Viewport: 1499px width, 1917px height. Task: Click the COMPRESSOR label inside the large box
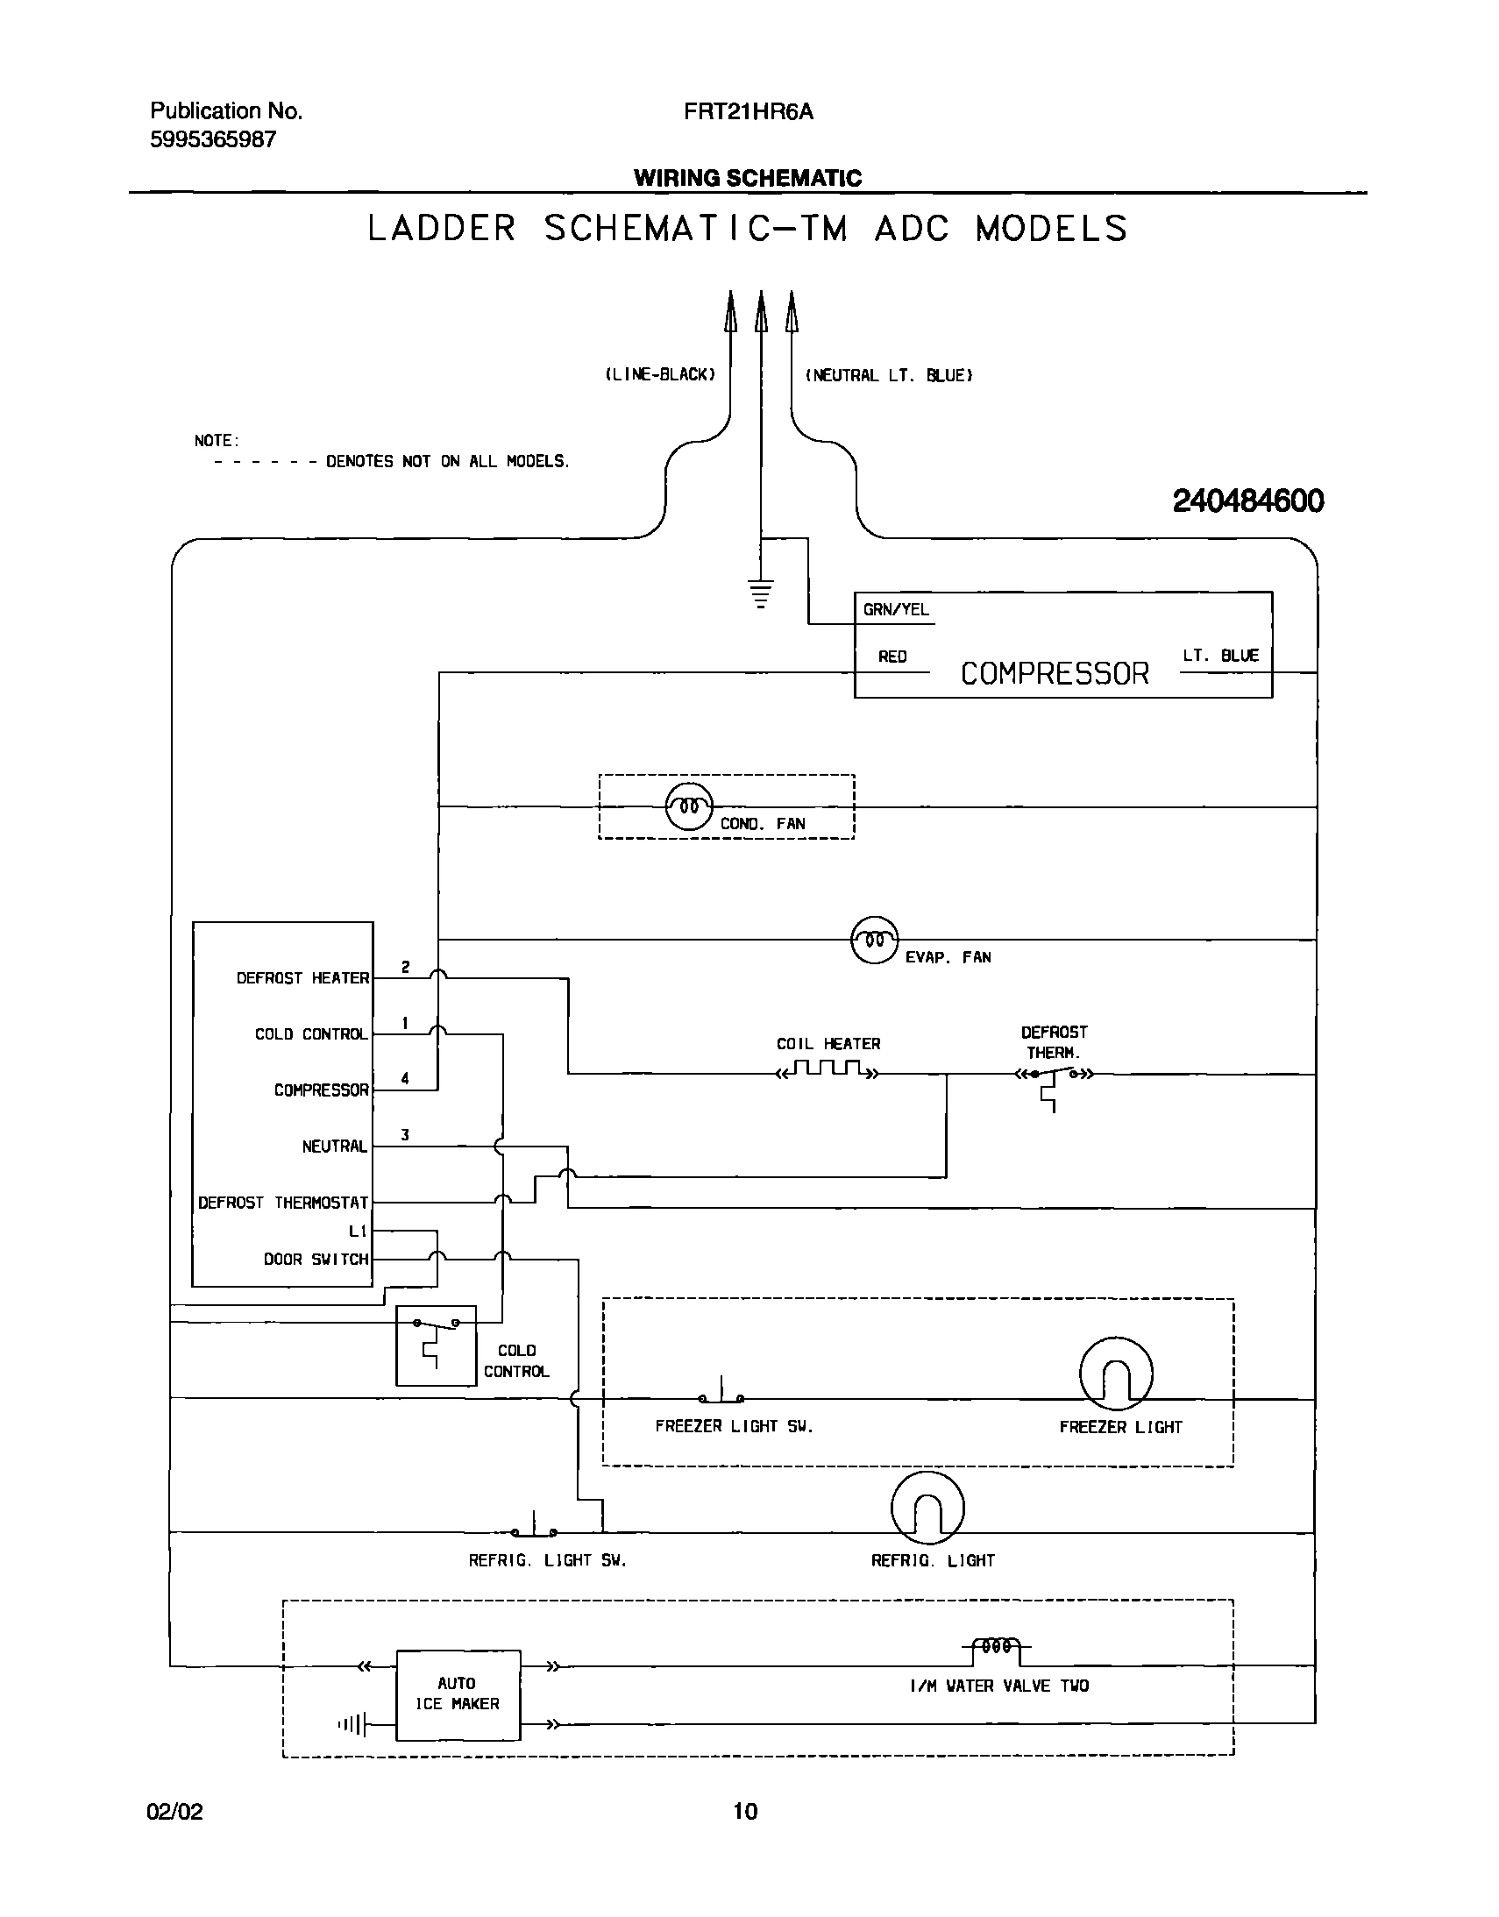1054,673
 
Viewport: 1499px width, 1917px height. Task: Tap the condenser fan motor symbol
689,806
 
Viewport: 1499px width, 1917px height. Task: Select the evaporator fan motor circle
874,940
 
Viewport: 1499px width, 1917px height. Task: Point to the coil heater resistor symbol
828,1070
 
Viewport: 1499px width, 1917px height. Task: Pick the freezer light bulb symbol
1115,1374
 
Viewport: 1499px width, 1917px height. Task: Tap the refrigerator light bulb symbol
927,1508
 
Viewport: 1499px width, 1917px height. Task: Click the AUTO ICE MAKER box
458,1695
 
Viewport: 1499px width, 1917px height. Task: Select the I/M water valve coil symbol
998,1648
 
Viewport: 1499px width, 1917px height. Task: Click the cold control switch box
436,1345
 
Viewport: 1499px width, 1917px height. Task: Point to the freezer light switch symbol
721,1395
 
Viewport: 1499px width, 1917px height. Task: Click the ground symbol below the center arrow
761,593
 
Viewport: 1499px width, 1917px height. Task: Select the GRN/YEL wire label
895,610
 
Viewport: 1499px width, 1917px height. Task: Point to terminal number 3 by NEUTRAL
405,1135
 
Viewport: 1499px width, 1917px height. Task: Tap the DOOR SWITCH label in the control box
316,1259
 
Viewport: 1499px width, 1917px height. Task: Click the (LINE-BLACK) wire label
660,375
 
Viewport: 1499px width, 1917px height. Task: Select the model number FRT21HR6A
748,111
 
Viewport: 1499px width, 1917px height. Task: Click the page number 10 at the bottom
744,1811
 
